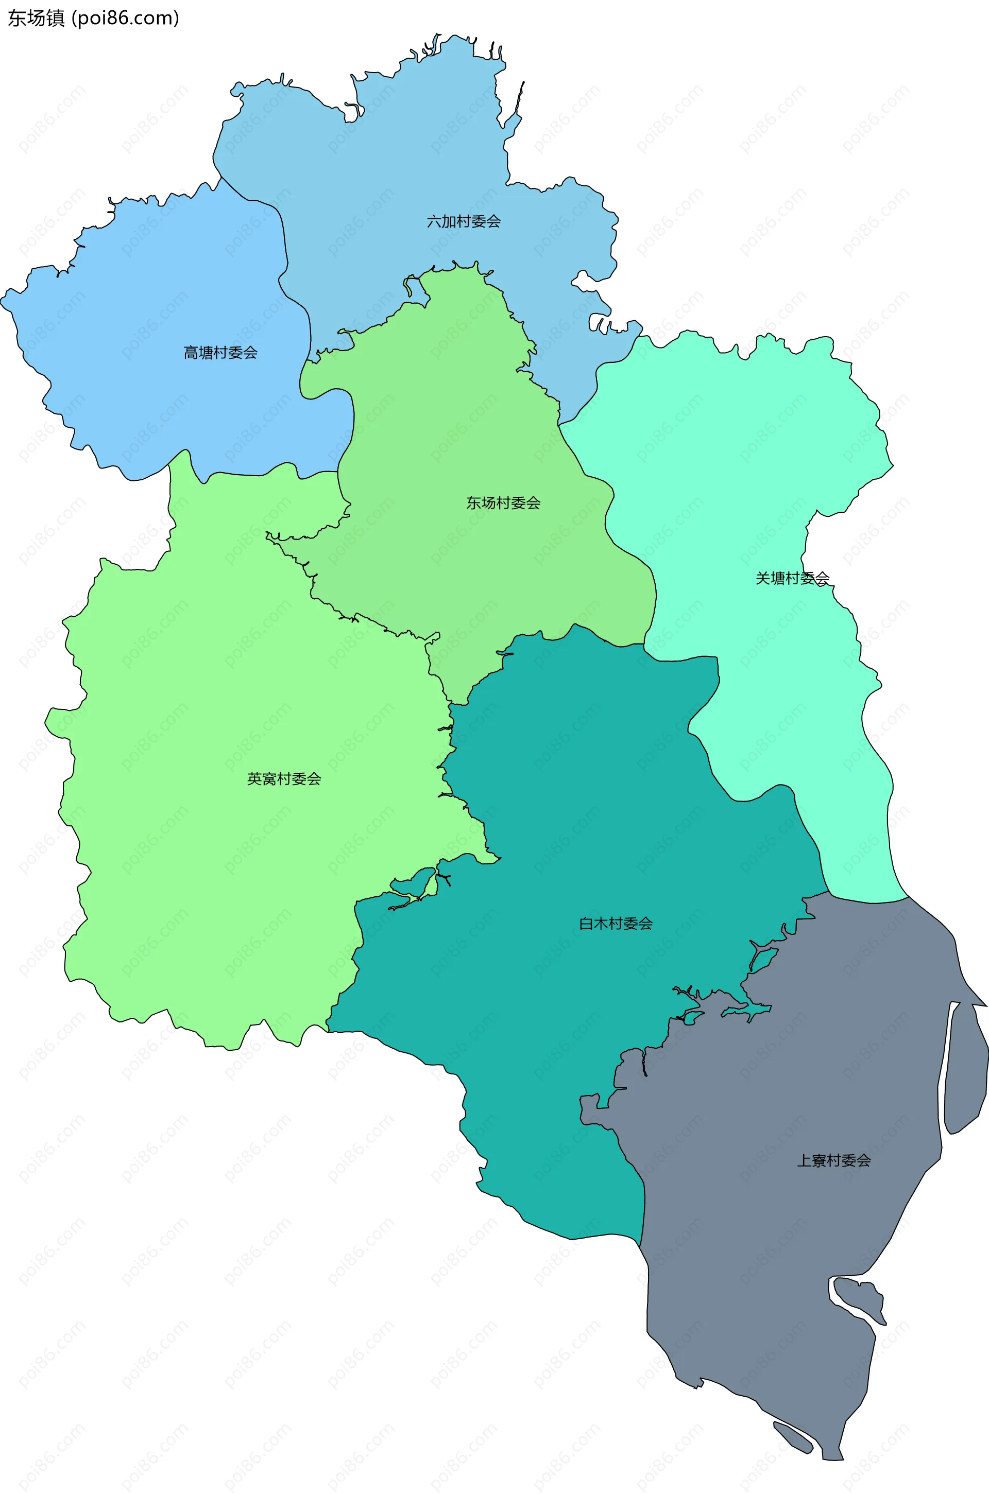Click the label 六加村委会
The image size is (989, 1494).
click(x=464, y=221)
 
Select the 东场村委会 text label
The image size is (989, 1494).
click(x=503, y=502)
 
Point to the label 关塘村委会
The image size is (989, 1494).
click(x=792, y=578)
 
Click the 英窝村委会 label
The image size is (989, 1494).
click(x=284, y=778)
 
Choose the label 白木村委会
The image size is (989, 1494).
click(x=616, y=923)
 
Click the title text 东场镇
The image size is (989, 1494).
click(x=36, y=19)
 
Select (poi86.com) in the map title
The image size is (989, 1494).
click(x=126, y=19)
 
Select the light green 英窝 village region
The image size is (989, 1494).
click(x=221, y=882)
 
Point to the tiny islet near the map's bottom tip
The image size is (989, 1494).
click(x=793, y=1437)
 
